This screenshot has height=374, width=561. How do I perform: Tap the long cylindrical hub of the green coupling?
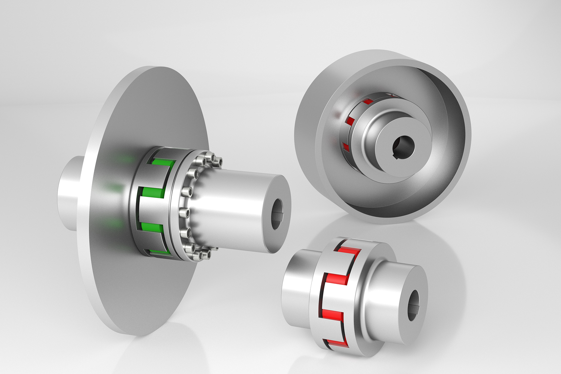(x=234, y=205)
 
